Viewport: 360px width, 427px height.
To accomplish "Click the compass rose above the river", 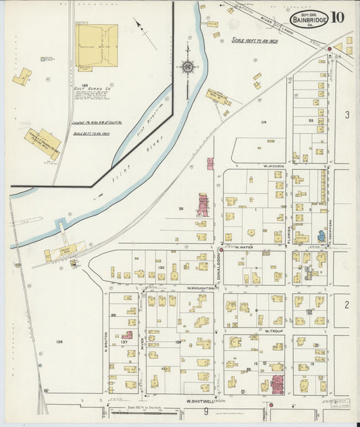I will [x=187, y=67].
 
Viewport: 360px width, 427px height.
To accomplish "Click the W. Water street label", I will [x=243, y=247].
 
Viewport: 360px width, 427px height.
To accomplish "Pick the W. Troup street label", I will [x=272, y=331].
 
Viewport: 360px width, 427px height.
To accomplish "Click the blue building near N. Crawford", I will [x=321, y=236].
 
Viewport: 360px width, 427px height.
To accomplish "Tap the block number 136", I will [x=59, y=342].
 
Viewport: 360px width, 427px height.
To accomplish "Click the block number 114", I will [x=263, y=122].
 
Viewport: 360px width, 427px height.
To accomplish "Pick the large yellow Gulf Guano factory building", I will [x=97, y=45].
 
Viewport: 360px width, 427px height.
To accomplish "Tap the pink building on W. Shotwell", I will [x=277, y=385].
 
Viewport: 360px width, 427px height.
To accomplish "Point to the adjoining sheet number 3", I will [x=346, y=116].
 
